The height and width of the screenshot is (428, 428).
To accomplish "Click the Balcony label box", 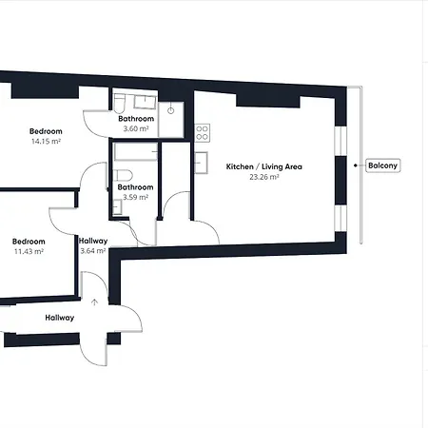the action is tap(383, 165).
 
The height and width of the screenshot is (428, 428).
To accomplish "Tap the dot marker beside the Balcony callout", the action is tap(356, 165).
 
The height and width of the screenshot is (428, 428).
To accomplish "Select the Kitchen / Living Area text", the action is tap(264, 166).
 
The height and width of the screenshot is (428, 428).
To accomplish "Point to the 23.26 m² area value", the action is tap(264, 177).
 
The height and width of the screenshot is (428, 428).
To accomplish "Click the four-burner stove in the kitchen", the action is tap(203, 132).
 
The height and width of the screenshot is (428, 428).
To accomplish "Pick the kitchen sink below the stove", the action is tap(201, 163).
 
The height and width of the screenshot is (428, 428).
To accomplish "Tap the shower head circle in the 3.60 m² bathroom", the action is tap(171, 110).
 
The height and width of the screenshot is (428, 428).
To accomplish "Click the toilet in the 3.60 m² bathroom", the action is tap(120, 104).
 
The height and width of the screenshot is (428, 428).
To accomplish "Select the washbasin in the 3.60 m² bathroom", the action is tap(145, 102).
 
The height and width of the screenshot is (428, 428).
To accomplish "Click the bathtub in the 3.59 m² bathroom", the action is tap(136, 152).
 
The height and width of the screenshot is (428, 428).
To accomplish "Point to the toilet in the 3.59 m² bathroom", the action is tap(123, 175).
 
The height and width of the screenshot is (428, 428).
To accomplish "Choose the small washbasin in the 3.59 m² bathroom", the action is tap(117, 207).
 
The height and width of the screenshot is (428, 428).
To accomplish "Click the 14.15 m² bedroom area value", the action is tap(46, 142).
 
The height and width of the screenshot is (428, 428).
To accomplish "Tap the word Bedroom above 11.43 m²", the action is tap(29, 242).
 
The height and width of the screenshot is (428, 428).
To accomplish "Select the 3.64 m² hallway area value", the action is tap(93, 251).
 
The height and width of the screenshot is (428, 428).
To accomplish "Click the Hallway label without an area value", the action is tap(60, 318).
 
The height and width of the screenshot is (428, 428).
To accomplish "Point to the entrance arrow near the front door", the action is tap(94, 302).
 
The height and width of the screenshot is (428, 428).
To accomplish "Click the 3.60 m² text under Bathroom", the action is tap(136, 128).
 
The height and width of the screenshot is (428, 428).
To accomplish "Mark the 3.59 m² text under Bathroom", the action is tap(135, 197).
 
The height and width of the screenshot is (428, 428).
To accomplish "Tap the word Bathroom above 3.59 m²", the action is tap(135, 187).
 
